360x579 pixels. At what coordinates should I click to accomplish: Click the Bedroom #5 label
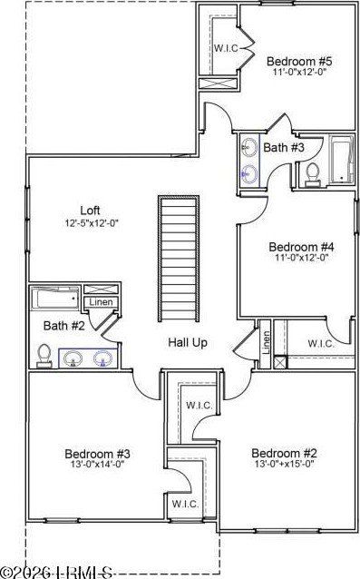pos(299,62)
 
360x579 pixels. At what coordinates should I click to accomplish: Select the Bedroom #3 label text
pos(98,454)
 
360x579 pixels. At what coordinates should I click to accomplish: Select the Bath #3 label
pos(285,146)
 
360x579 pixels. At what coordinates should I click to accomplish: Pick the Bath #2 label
pos(64,325)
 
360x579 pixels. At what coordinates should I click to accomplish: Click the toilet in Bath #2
pos(44,356)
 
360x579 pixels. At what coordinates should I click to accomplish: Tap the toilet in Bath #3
pos(311,173)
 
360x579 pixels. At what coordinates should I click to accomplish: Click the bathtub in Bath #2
pos(56,299)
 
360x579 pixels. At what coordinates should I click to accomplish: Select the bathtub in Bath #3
pos(341,160)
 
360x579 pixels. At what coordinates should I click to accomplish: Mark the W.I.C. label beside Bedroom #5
pos(226,47)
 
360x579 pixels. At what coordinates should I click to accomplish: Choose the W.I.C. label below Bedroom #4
pos(321,344)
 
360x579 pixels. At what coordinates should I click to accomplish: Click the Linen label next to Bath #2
pos(99,303)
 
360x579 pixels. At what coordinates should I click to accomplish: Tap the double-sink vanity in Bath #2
pos(89,358)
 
